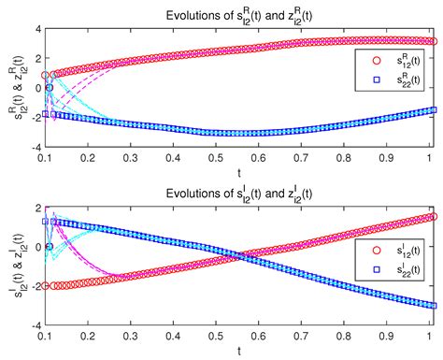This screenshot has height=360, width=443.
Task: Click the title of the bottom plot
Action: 237,193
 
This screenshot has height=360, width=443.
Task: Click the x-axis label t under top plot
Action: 238,172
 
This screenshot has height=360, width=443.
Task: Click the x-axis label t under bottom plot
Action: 238,351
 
